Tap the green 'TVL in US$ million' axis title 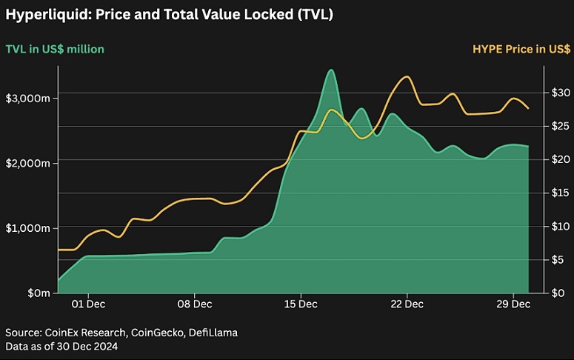click(55, 49)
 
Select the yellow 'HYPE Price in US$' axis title click(521, 49)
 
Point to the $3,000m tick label click(28, 99)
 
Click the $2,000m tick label click(28, 163)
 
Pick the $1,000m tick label click(28, 228)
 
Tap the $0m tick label click(39, 293)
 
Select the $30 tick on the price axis click(561, 93)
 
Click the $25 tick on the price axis click(561, 126)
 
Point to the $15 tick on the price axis click(561, 193)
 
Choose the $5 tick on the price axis click(558, 260)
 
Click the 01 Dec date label click(88, 304)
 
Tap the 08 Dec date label click(194, 304)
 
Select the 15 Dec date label click(301, 304)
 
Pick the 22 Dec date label click(407, 304)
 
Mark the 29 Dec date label click(513, 304)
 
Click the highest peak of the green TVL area click(331, 70)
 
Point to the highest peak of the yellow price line click(407, 76)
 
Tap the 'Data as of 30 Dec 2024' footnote click(61, 346)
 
